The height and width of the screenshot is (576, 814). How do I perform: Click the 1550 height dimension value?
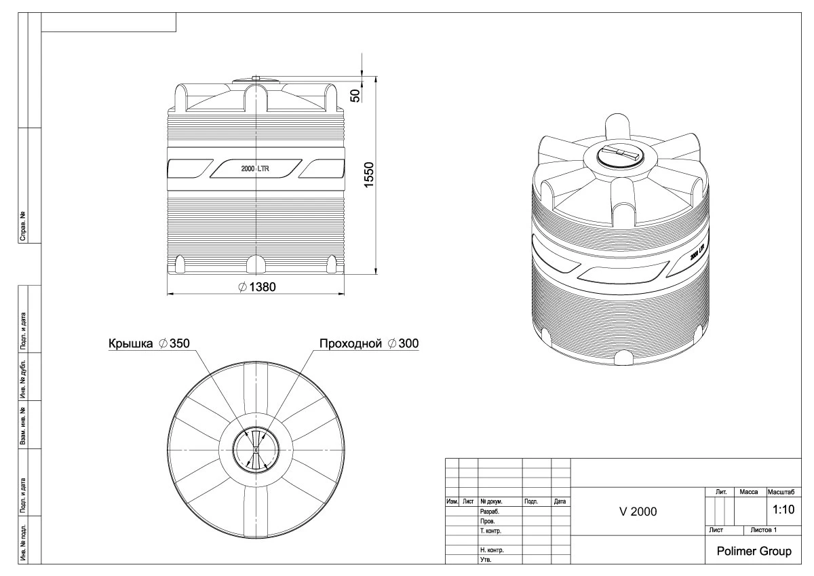point(370,177)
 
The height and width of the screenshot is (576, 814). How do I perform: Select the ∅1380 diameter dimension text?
point(257,287)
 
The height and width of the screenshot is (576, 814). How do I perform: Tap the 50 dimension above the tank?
point(354,95)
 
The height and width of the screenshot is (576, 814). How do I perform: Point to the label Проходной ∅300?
point(369,344)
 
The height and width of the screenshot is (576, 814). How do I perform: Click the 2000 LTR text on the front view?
point(256,169)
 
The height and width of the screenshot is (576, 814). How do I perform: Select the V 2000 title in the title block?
point(638,512)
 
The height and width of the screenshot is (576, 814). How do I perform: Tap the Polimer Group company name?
point(754,552)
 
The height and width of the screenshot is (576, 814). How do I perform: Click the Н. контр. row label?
point(491,550)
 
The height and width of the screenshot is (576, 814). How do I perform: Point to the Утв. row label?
point(486,560)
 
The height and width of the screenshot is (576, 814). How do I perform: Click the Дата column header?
point(560,502)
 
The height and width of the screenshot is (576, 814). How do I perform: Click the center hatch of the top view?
point(256,449)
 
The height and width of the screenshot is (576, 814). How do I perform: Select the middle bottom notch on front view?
point(256,264)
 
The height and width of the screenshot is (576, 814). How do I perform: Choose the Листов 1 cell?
point(760,529)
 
